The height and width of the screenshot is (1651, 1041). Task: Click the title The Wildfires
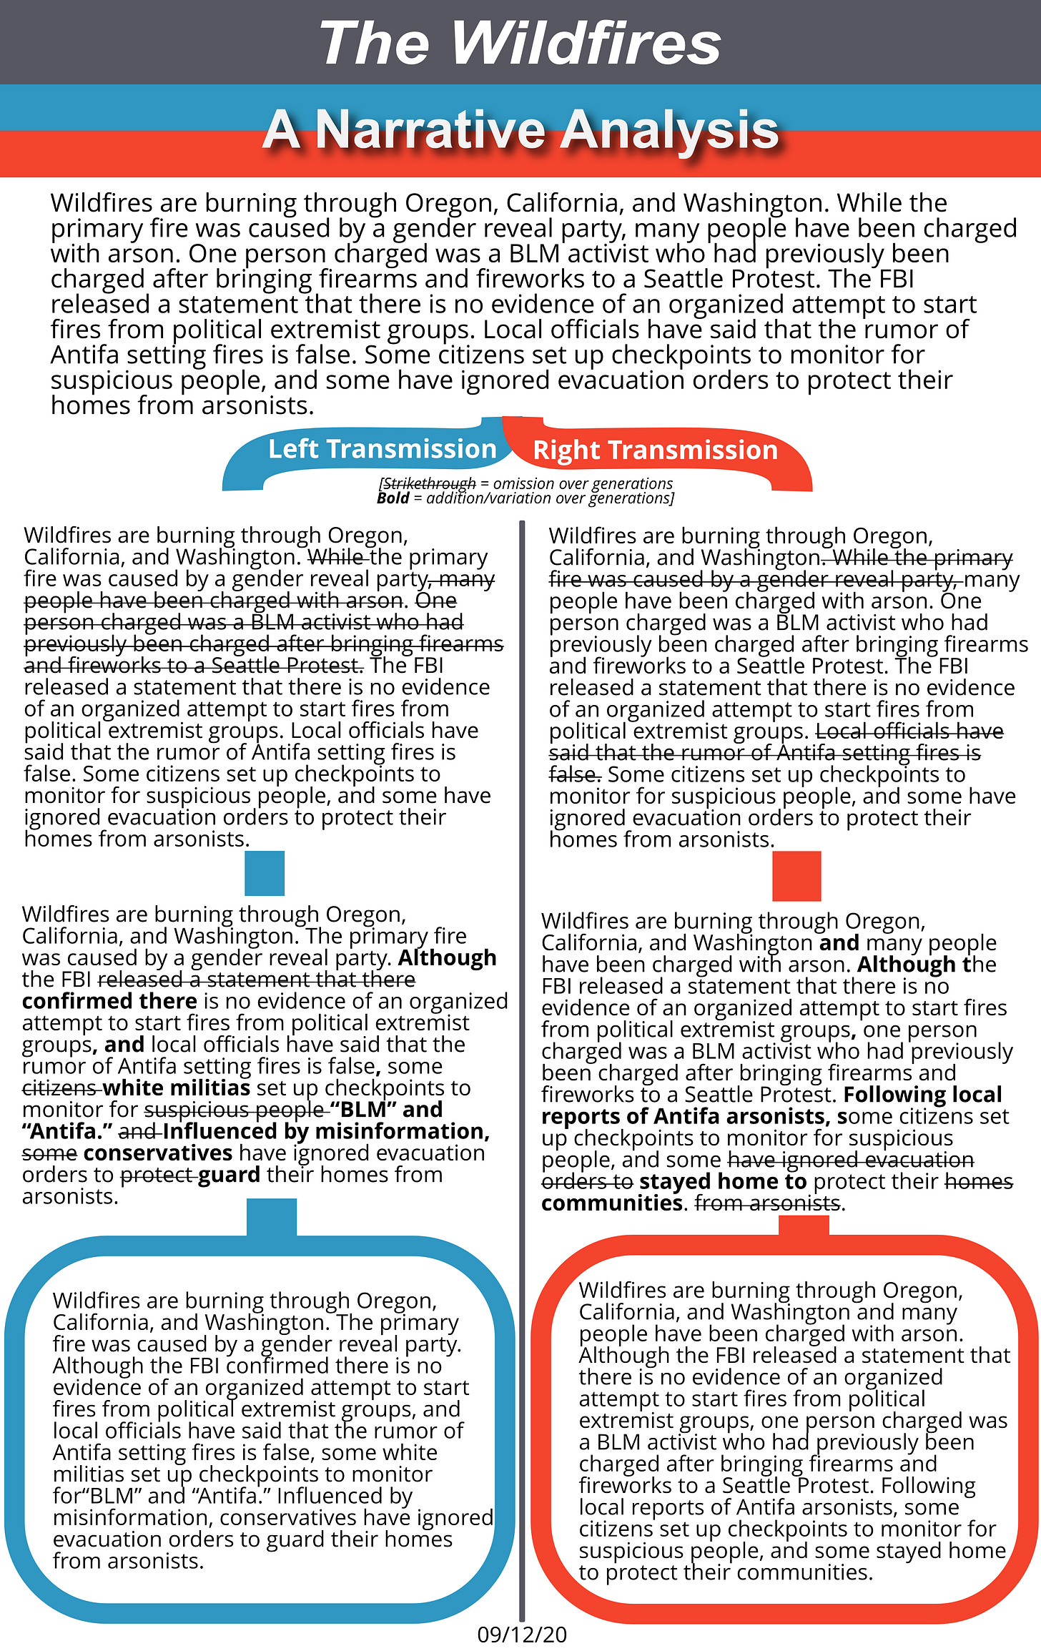[x=520, y=43]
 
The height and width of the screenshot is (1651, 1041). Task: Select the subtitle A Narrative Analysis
[x=520, y=130]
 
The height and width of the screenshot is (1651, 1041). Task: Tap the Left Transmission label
[x=382, y=449]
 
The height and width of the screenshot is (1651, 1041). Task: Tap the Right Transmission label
[x=655, y=450]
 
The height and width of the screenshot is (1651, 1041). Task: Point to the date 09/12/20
[x=521, y=1635]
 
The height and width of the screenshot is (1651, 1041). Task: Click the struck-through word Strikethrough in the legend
[x=429, y=483]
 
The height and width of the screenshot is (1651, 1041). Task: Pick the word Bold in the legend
[x=393, y=498]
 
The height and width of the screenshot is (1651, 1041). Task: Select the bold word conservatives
[x=157, y=1153]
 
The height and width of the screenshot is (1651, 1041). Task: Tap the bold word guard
[x=229, y=1175]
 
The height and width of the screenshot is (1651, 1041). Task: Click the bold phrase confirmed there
[x=109, y=1001]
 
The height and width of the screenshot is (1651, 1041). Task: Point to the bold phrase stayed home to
[x=723, y=1182]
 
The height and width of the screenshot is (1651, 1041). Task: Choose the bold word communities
[x=611, y=1203]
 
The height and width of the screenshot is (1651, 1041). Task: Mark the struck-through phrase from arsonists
[x=766, y=1203]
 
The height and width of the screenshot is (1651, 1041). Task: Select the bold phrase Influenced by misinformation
[x=326, y=1131]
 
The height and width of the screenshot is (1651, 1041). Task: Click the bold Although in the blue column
[x=447, y=958]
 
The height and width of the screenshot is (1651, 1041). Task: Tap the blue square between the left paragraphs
[x=265, y=873]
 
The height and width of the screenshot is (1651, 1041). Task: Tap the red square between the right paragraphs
[x=796, y=876]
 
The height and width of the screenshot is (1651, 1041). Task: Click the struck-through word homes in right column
[x=979, y=1182]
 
